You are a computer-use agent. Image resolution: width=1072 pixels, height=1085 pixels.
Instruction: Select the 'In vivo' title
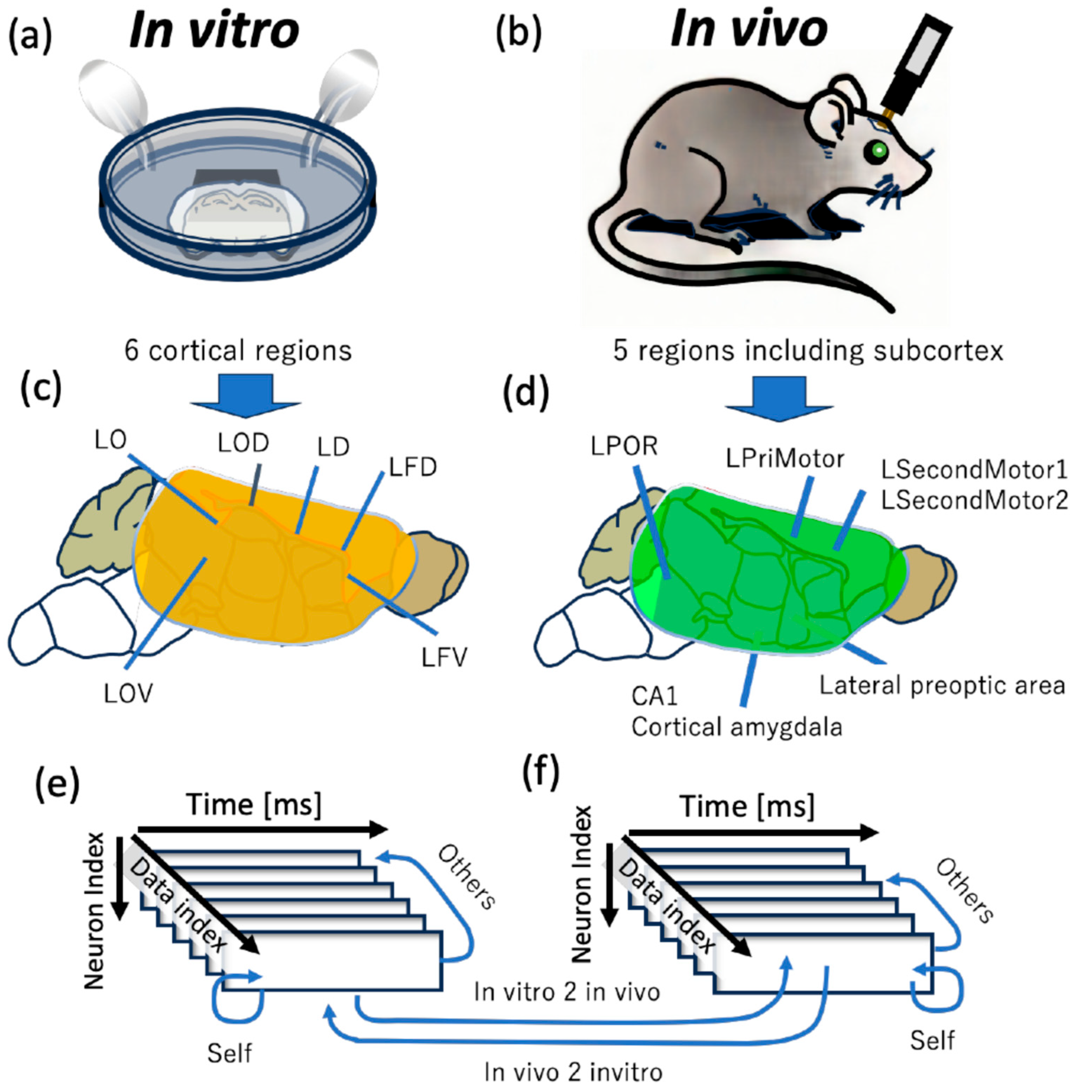[748, 29]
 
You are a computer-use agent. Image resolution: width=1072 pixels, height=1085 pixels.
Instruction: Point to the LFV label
[445, 658]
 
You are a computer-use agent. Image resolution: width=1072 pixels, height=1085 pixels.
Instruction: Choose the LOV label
[128, 694]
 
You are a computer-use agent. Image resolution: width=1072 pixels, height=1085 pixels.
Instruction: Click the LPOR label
[624, 446]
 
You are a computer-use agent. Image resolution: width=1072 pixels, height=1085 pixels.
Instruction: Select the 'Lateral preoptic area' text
[942, 686]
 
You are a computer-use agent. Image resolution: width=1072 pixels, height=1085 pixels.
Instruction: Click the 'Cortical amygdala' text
[737, 727]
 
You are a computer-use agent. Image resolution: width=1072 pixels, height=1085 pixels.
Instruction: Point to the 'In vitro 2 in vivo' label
[566, 992]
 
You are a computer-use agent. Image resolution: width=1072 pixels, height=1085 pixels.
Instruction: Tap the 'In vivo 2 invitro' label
[573, 1072]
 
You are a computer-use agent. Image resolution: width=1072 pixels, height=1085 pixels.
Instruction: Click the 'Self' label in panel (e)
[229, 1053]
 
